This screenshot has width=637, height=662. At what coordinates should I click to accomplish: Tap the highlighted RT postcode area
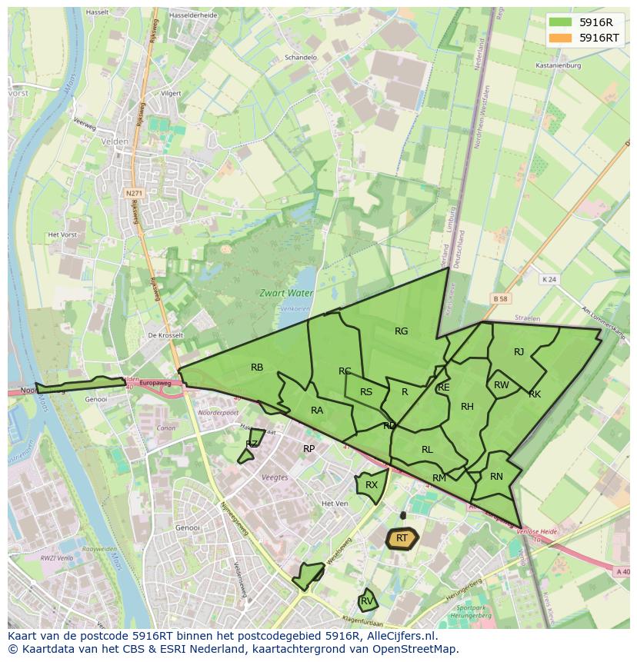pyautogui.click(x=402, y=538)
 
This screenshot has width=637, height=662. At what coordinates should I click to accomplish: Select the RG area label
pyautogui.click(x=401, y=331)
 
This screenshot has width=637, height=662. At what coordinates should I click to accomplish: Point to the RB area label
pyautogui.click(x=257, y=368)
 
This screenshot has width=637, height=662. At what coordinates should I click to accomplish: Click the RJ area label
pyautogui.click(x=519, y=352)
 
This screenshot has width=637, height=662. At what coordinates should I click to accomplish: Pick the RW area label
pyautogui.click(x=501, y=385)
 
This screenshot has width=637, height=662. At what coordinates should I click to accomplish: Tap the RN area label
pyautogui.click(x=496, y=477)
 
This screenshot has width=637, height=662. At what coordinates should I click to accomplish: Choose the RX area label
pyautogui.click(x=372, y=485)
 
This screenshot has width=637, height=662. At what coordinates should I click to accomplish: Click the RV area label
pyautogui.click(x=367, y=600)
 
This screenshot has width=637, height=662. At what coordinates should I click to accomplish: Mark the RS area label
pyautogui.click(x=366, y=392)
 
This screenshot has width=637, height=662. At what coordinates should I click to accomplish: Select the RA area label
pyautogui.click(x=317, y=411)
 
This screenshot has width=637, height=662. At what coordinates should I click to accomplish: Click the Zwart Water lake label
pyautogui.click(x=285, y=293)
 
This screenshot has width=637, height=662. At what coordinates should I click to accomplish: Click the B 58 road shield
pyautogui.click(x=501, y=298)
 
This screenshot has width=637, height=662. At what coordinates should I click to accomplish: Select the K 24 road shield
pyautogui.click(x=548, y=279)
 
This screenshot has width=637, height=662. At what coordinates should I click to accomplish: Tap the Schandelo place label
pyautogui.click(x=301, y=58)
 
